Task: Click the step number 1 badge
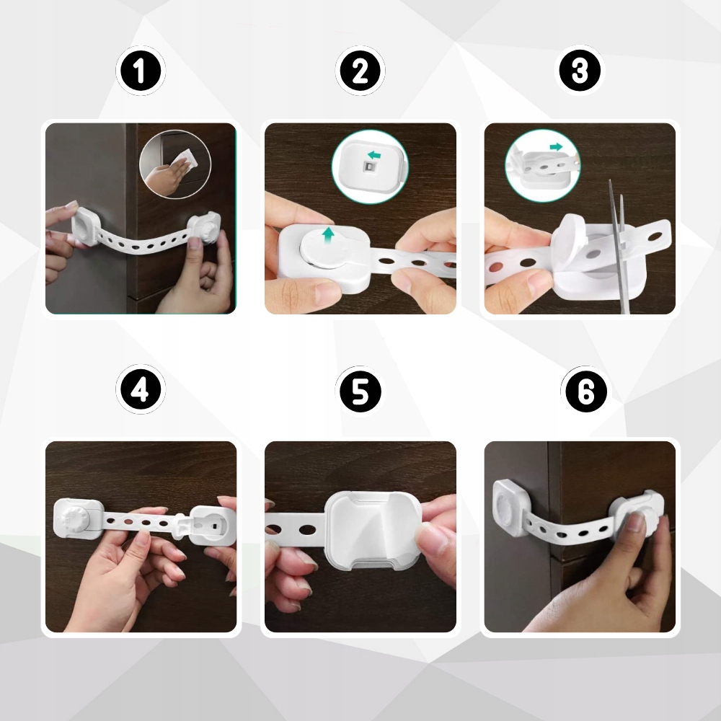[x=141, y=71]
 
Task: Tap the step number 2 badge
[x=360, y=71]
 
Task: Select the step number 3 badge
[x=580, y=71]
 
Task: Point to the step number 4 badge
[x=141, y=390]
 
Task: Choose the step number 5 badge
[x=360, y=392]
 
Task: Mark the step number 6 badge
[x=585, y=392]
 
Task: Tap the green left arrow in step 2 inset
[x=374, y=155]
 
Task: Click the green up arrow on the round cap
[x=328, y=234]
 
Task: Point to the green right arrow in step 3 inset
[x=556, y=146]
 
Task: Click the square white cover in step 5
[x=373, y=529]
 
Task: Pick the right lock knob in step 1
[x=205, y=228]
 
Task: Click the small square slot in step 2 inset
[x=370, y=167]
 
